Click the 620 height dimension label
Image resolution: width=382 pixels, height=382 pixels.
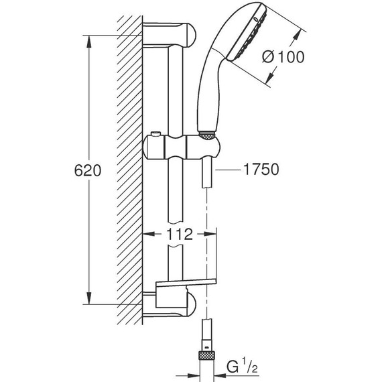[x=88, y=170]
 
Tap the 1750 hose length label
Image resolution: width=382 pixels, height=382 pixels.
[x=261, y=169]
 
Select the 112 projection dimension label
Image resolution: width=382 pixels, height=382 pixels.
[x=180, y=234]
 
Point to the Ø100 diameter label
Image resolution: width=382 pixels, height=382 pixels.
[x=283, y=57]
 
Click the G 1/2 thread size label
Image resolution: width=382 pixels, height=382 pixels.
[x=242, y=367]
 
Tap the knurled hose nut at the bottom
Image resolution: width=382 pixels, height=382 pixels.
[x=207, y=355]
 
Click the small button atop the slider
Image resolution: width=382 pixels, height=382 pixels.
[x=155, y=134]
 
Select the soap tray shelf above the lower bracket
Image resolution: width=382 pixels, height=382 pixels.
[x=186, y=283]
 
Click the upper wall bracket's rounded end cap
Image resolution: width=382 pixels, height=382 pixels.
[x=192, y=36]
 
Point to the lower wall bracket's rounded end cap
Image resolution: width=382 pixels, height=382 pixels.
[x=192, y=304]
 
